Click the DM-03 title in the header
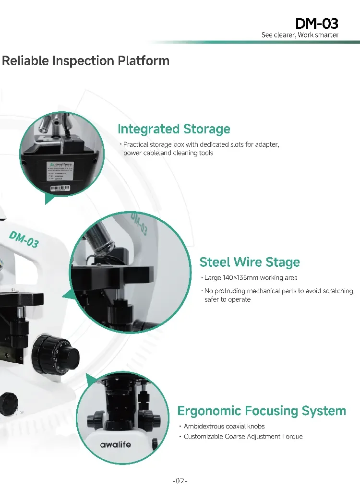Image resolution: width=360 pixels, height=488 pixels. click(x=317, y=23)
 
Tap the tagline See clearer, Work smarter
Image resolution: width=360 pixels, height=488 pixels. click(x=300, y=35)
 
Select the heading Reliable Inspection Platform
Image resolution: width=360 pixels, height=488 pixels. click(x=85, y=61)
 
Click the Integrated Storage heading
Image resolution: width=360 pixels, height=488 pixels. click(x=174, y=129)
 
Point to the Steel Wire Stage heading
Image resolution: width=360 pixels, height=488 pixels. click(x=250, y=262)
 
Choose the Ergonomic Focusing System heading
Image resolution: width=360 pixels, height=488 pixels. click(x=262, y=411)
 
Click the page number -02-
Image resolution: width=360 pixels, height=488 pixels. click(x=180, y=480)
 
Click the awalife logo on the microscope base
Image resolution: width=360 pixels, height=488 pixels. click(x=115, y=444)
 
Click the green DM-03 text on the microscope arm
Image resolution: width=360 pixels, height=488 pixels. click(x=24, y=238)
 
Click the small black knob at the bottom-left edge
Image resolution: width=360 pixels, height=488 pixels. click(x=7, y=404)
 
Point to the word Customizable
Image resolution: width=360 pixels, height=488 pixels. click(x=204, y=437)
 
